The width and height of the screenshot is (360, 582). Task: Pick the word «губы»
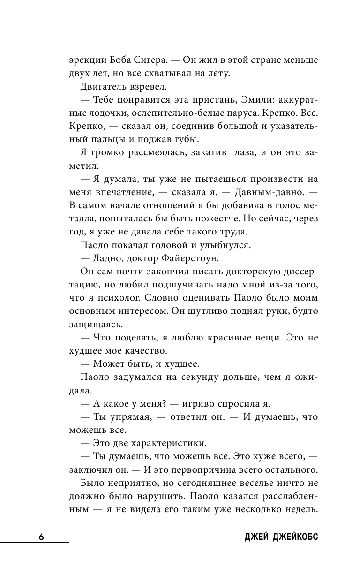(x=185, y=139)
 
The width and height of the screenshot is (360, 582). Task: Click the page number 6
(x=41, y=537)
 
